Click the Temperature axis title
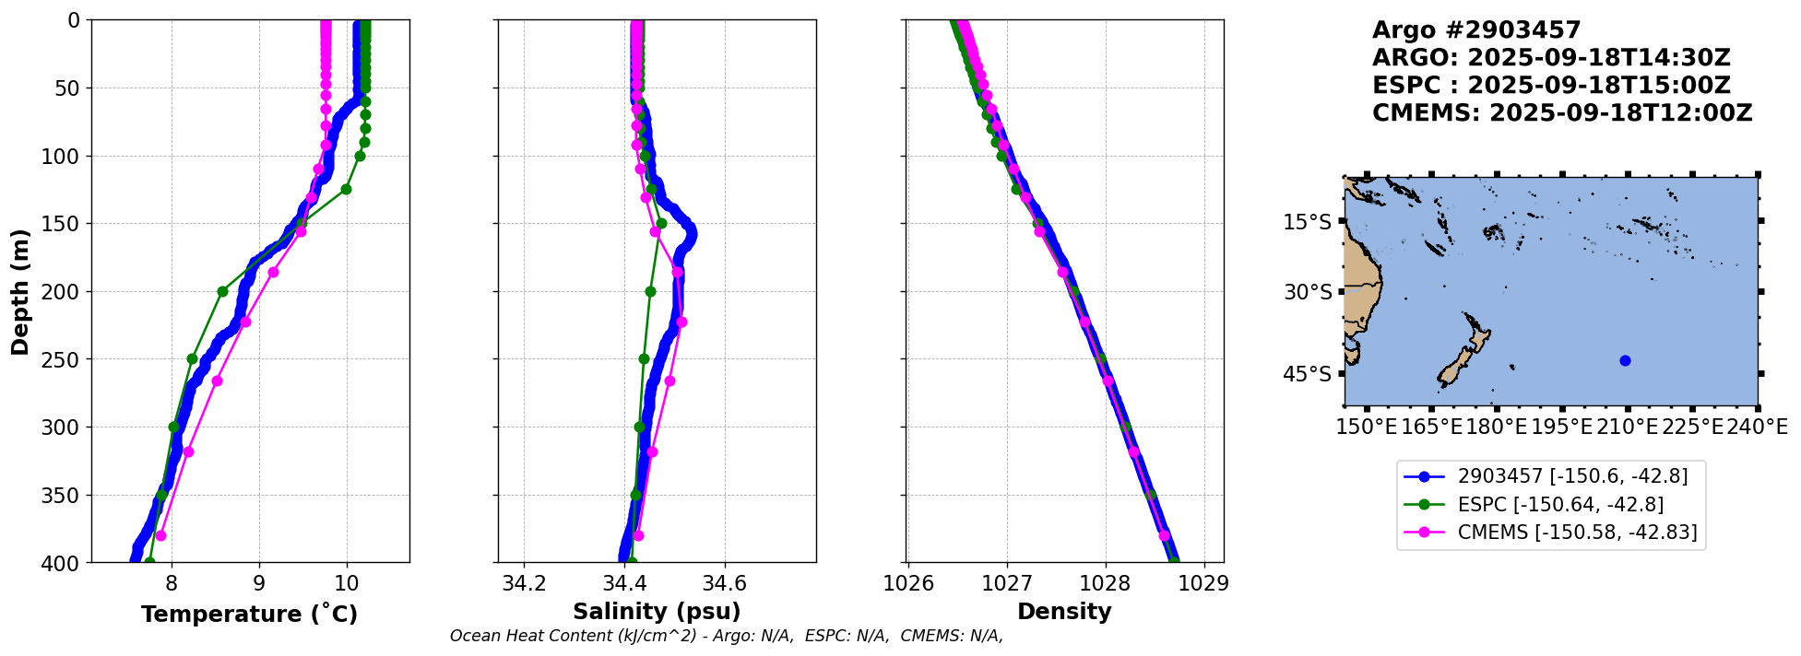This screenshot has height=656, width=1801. click(249, 614)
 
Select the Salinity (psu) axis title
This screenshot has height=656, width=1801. click(657, 612)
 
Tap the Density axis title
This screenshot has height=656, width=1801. click(1064, 612)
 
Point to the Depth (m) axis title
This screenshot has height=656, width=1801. click(19, 291)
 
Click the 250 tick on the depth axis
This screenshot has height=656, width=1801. click(65, 359)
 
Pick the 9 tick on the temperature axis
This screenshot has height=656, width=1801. click(259, 582)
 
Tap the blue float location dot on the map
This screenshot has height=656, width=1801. click(1625, 360)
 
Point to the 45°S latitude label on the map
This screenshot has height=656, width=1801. click(1308, 374)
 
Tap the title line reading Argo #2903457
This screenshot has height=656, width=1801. click(1476, 30)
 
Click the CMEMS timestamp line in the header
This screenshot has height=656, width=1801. click(1562, 113)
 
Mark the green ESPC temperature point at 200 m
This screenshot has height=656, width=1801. click(222, 291)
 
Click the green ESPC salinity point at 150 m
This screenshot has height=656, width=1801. click(661, 223)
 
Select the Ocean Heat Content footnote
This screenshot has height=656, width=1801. click(727, 636)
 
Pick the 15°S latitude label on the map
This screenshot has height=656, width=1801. click(1308, 222)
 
